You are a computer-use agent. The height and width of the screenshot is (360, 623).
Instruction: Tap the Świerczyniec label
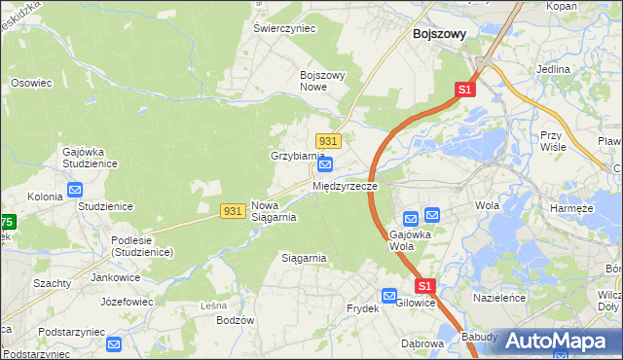(x=285, y=29)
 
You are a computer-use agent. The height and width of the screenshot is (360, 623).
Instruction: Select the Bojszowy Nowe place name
(x=324, y=81)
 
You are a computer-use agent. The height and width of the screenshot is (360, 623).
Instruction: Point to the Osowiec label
(x=30, y=84)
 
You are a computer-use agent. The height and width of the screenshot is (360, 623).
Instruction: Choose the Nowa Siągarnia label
(x=274, y=211)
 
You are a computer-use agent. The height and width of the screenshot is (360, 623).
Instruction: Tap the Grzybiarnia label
(x=297, y=156)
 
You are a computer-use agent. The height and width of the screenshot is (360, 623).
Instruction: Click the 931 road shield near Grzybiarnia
(x=328, y=141)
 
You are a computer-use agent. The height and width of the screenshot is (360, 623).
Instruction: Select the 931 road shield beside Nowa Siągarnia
(x=232, y=211)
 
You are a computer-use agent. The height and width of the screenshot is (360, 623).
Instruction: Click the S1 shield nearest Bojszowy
(x=464, y=90)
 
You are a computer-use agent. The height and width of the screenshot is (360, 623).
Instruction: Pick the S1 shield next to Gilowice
(x=425, y=286)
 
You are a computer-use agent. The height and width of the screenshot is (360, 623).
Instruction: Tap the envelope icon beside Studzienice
(x=75, y=191)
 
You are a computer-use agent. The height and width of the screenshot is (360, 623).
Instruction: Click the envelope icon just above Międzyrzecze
(x=326, y=166)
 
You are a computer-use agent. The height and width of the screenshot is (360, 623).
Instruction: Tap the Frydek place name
(x=362, y=308)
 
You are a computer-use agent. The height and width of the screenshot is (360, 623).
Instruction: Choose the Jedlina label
(x=553, y=70)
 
